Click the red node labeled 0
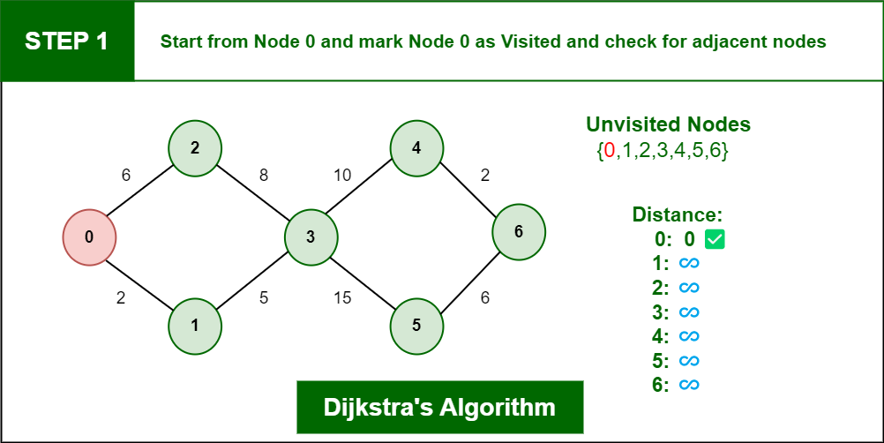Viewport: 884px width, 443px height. tap(89, 237)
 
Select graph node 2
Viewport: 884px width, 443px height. tap(195, 147)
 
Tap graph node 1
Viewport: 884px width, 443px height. tap(195, 325)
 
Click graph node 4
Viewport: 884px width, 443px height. tap(416, 147)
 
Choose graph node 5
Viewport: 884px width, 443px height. tap(416, 325)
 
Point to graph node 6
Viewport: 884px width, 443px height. tap(519, 232)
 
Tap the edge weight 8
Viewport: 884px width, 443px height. tap(263, 176)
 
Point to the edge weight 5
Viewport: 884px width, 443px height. tap(263, 298)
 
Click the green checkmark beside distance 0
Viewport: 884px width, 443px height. tap(715, 238)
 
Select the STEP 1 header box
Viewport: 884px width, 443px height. tap(67, 41)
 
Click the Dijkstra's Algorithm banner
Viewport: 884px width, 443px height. tap(439, 408)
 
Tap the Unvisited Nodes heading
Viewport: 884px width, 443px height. tap(668, 124)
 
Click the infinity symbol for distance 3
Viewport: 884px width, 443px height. tap(688, 312)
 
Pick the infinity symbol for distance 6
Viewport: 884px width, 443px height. tap(688, 385)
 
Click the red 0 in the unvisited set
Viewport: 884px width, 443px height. tap(610, 151)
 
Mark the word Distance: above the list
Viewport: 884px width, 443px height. tap(678, 214)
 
